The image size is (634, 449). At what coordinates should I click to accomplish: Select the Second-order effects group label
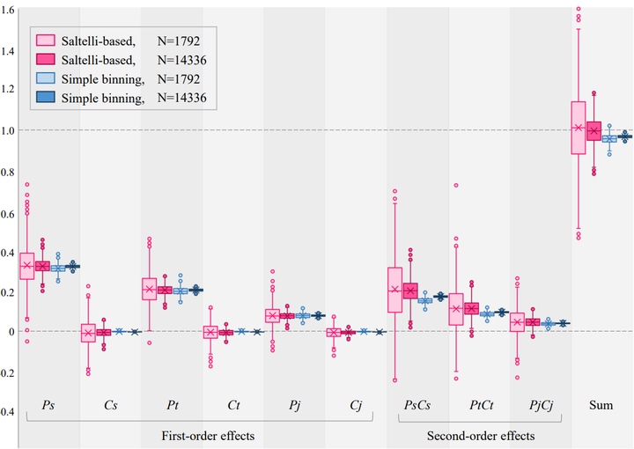pyautogui.click(x=479, y=436)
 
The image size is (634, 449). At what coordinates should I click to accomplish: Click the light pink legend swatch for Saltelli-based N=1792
pyautogui.click(x=46, y=39)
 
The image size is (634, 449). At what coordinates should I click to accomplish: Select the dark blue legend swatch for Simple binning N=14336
pyautogui.click(x=46, y=98)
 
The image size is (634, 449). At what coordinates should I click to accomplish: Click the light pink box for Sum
pyautogui.click(x=579, y=128)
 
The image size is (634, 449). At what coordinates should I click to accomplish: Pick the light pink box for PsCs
pyautogui.click(x=394, y=290)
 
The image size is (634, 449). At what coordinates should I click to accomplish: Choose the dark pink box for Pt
pyautogui.click(x=165, y=290)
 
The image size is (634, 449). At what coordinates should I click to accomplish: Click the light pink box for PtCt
pyautogui.click(x=455, y=309)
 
